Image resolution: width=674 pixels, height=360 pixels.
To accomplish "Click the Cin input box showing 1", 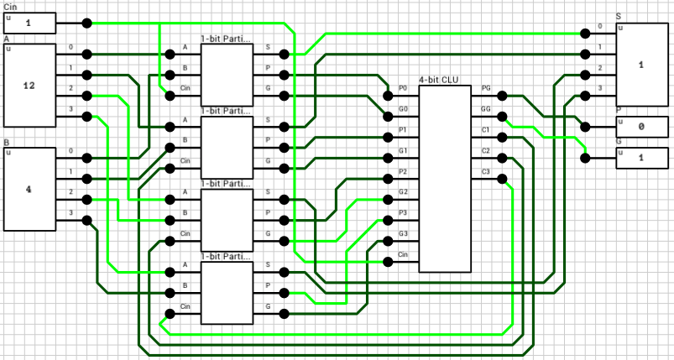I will coord(30,23).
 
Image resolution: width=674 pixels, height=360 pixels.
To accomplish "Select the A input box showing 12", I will coord(30,85).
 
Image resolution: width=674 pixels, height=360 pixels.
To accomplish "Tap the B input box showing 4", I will coord(30,189).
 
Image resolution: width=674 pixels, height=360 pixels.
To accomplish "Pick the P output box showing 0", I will coord(642,128).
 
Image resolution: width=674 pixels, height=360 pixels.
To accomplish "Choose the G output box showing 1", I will coord(642,158).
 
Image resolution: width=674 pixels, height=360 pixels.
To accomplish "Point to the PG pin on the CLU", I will coord(502,96).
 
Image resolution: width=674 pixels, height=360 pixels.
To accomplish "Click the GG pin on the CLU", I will coord(502,117).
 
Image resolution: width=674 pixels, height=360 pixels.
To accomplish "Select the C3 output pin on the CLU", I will coord(502,179).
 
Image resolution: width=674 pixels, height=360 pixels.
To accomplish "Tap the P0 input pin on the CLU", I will coord(388,96).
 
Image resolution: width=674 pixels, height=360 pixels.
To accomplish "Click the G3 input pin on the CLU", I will coord(388,241).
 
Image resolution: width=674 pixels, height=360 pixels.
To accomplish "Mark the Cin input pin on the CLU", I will coord(388,262).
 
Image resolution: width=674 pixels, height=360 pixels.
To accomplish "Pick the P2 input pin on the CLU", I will coord(388,179).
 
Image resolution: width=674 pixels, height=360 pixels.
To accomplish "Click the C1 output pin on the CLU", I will coord(502,137).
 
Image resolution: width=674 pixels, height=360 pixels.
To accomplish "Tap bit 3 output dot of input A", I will coord(86,116).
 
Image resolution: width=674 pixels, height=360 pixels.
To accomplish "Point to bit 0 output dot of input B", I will coord(86,158).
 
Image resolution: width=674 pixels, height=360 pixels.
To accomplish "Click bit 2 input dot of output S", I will coord(586,75).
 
